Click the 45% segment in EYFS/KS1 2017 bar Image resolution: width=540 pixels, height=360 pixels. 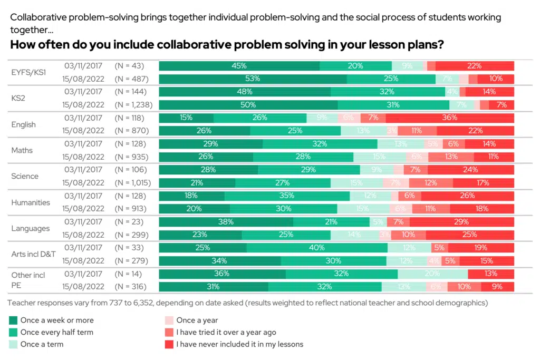click(239, 66)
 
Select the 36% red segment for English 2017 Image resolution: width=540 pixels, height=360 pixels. click(449, 118)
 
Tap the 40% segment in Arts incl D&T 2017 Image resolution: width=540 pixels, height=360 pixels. click(317, 248)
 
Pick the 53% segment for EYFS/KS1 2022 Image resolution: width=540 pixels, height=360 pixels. click(253, 79)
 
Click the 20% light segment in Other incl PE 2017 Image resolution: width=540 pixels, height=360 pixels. click(432, 274)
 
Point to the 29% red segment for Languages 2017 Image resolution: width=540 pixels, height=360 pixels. click(461, 222)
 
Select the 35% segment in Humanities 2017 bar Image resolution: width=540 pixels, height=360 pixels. click(287, 196)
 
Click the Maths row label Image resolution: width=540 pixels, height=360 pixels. click(22, 150)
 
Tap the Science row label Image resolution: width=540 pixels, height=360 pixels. click(25, 176)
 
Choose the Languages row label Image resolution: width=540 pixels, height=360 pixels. click(30, 228)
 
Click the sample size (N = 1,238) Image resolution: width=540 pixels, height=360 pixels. click(133, 105)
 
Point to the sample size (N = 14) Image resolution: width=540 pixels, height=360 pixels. click(129, 274)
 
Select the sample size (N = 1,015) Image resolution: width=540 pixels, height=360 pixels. click(133, 183)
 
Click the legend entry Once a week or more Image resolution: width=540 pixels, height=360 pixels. click(57, 320)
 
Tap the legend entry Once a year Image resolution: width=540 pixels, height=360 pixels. click(197, 320)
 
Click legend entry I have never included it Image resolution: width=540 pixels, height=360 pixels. click(239, 344)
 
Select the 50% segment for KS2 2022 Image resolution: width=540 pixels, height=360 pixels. click(248, 105)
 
